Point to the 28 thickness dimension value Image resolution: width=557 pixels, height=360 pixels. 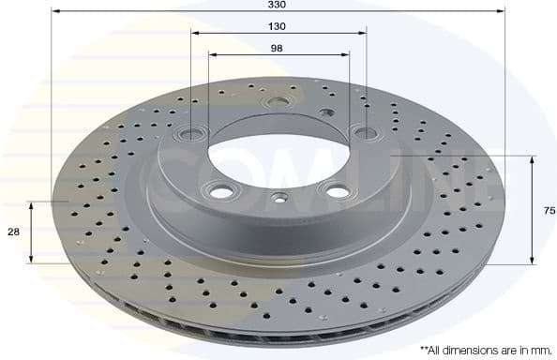(x=13, y=232)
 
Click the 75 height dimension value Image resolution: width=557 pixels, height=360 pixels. (x=549, y=210)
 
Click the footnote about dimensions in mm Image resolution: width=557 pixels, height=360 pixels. (x=486, y=350)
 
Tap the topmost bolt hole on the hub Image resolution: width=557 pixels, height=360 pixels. (x=276, y=101)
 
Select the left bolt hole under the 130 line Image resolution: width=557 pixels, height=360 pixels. (x=192, y=134)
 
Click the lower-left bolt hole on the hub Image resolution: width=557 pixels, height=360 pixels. (x=222, y=191)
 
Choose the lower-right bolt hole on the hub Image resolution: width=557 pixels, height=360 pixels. (x=332, y=189)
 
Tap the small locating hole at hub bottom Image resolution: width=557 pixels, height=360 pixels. (x=278, y=198)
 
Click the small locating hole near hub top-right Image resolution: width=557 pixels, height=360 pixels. (x=326, y=112)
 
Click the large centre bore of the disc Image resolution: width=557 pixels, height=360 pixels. (x=278, y=151)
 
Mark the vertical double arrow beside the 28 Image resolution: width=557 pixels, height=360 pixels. (x=32, y=232)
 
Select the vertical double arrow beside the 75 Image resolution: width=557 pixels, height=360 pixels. (x=533, y=210)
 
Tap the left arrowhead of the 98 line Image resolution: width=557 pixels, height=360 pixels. (x=212, y=54)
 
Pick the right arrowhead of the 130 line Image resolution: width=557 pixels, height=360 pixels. (x=360, y=31)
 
